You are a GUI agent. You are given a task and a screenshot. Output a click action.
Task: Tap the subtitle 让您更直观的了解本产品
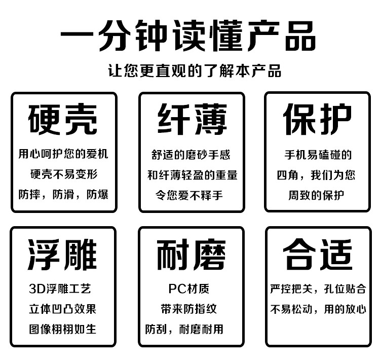(x=195, y=70)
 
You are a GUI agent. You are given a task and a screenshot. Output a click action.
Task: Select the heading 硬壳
(x=63, y=120)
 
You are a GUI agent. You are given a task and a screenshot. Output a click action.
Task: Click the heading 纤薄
(x=192, y=120)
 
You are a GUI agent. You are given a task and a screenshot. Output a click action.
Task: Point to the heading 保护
(x=317, y=120)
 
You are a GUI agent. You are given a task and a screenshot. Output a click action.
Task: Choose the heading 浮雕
(x=63, y=255)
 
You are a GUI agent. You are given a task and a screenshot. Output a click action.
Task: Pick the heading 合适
(x=317, y=255)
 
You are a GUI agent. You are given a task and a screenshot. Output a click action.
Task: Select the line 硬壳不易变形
(x=63, y=174)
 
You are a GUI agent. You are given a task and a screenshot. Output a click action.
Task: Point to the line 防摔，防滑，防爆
(x=63, y=194)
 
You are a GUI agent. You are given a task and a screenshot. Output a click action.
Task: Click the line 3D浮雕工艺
(x=60, y=290)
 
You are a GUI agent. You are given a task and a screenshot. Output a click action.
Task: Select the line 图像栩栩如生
(x=63, y=329)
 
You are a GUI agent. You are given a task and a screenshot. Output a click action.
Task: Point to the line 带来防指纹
(x=188, y=309)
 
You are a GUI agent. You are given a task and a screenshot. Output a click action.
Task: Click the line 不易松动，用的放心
(x=318, y=309)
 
